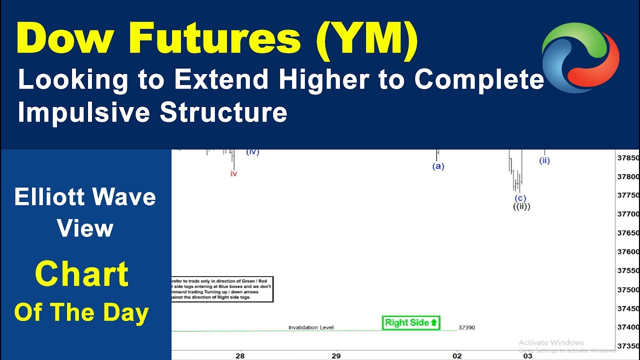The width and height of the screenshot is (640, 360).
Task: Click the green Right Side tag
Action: coord(411,323)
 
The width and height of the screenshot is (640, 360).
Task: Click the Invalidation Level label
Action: coord(311,327)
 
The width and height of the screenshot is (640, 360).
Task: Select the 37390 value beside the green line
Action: coord(466,327)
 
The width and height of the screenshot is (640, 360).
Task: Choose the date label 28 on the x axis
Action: coord(240,355)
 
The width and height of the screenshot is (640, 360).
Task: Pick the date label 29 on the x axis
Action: coord(335,355)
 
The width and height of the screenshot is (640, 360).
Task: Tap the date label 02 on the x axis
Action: coord(457,355)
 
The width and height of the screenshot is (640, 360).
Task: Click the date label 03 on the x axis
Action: coord(527,355)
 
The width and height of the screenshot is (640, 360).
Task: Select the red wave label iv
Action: coord(233,174)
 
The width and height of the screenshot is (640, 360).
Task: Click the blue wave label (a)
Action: coord(438,166)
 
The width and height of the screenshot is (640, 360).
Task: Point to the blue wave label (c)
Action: coord(520,198)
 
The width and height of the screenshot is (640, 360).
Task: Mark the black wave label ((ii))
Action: coord(521,206)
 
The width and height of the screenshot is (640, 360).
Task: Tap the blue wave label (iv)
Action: coord(252,151)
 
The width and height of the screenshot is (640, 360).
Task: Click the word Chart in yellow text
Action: coord(81,274)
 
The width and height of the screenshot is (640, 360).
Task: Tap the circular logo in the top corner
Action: coord(580,57)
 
